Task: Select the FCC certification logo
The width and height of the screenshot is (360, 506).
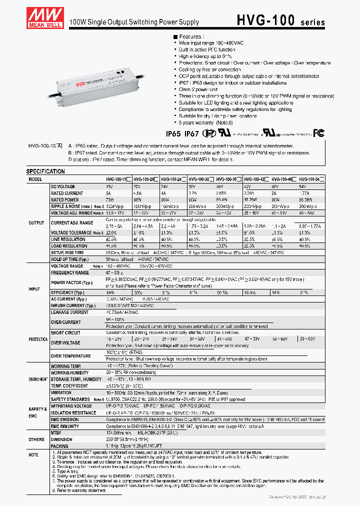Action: coord(318,133)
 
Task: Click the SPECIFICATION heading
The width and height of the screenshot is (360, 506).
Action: coord(45,171)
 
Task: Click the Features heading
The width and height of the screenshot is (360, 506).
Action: coord(188,36)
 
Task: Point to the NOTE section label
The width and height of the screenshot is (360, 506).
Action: coord(33,455)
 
